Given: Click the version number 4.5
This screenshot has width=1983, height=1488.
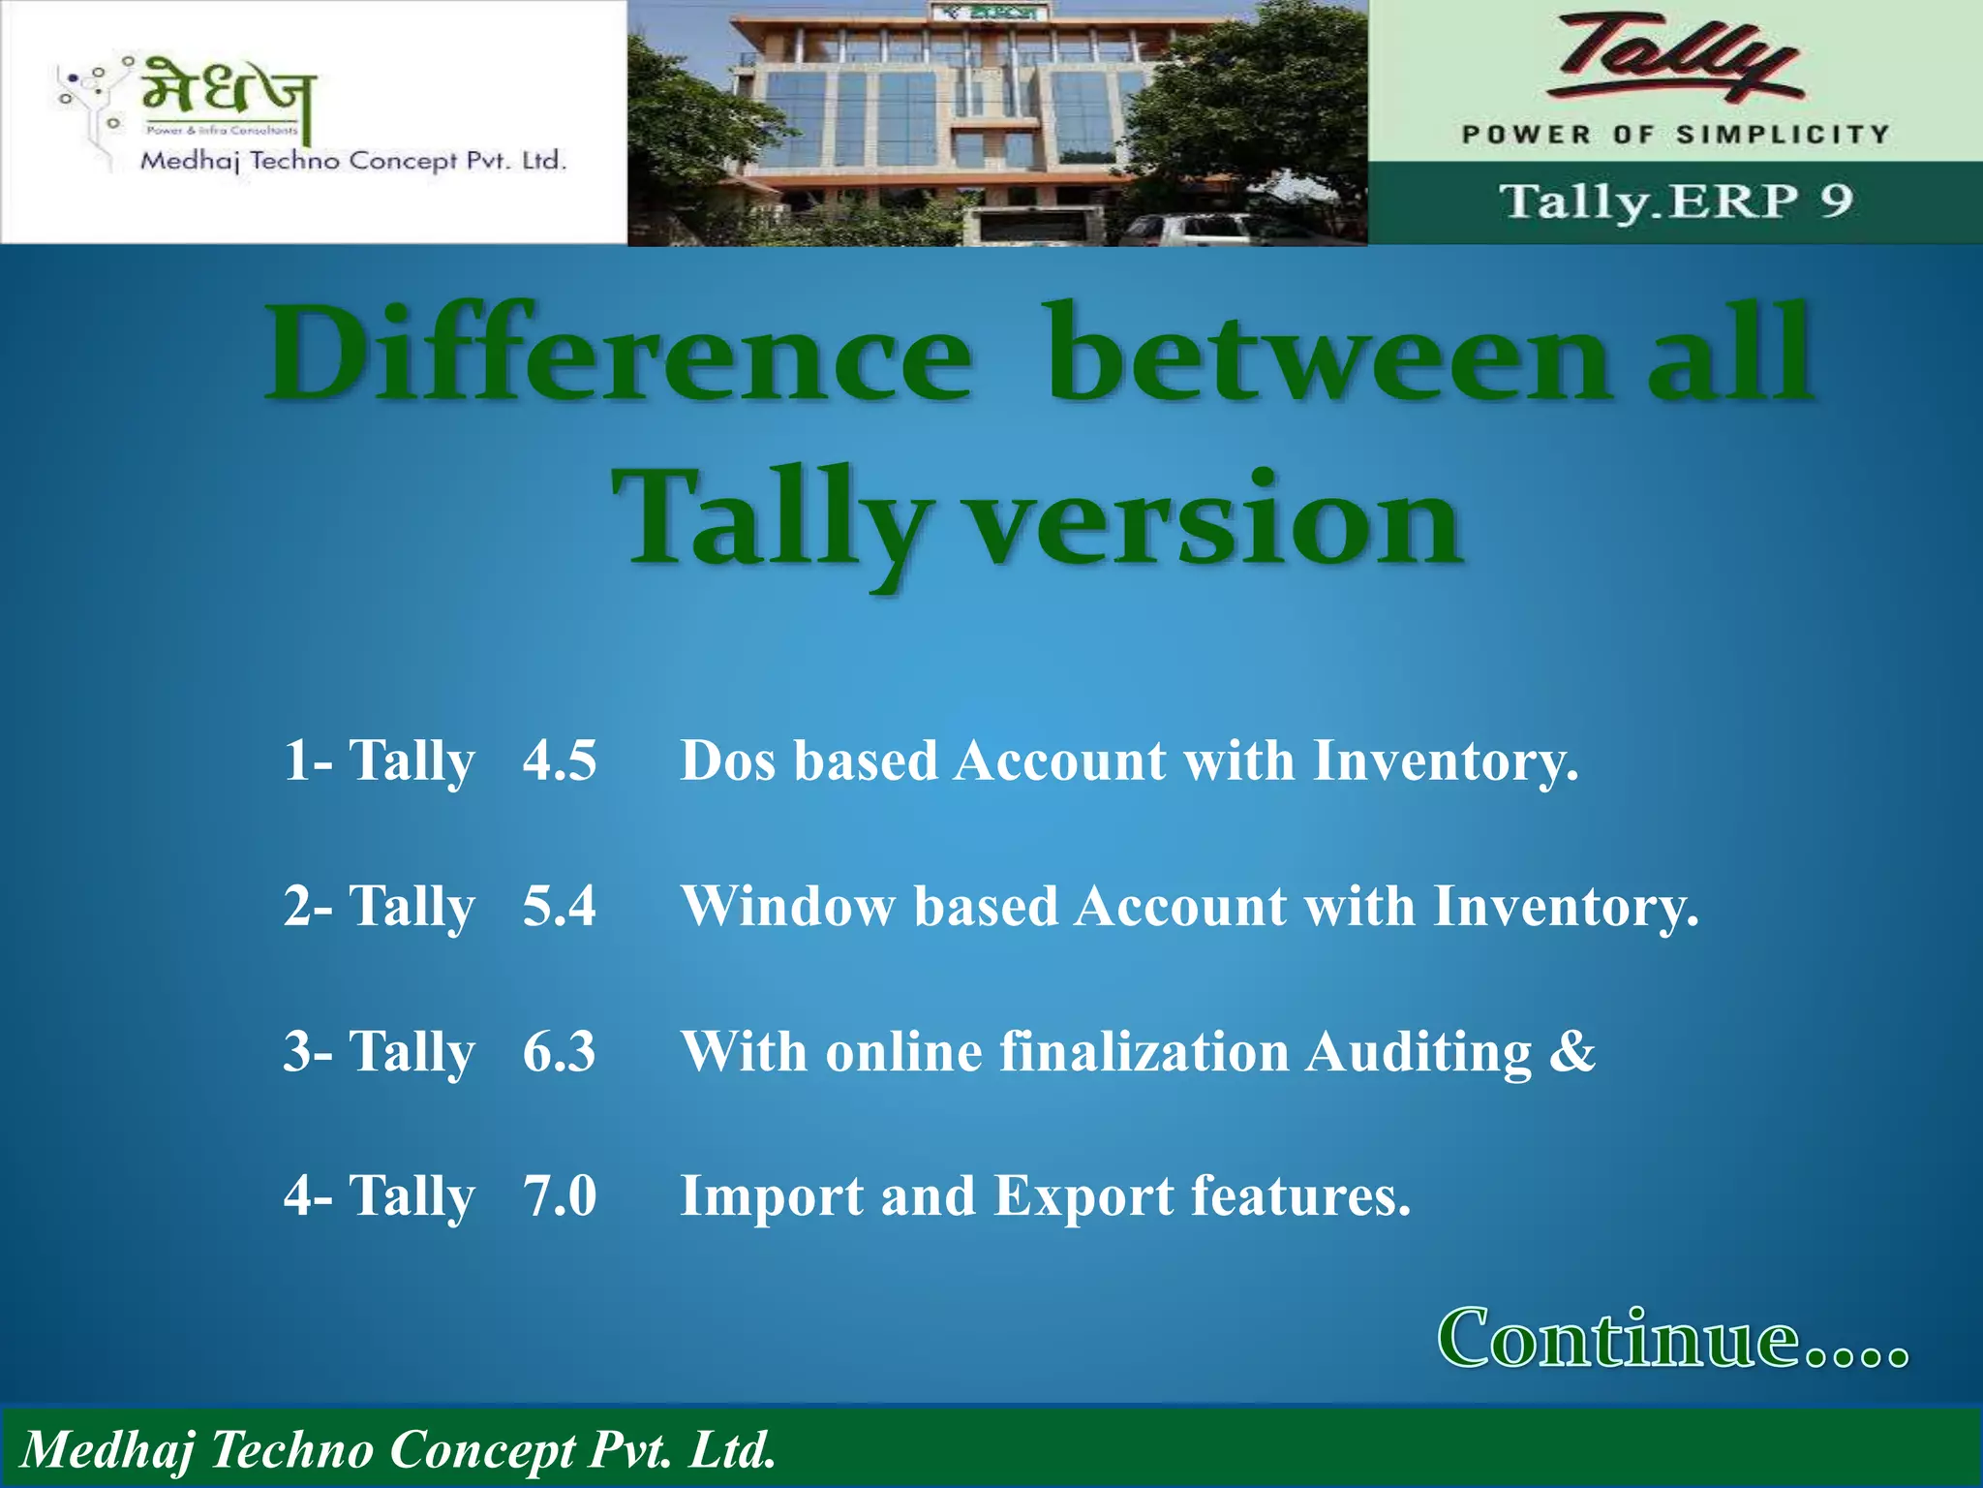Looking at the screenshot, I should [x=559, y=760].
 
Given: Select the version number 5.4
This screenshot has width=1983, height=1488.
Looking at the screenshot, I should [x=559, y=907].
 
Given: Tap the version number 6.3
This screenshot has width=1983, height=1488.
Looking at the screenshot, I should [x=559, y=1052].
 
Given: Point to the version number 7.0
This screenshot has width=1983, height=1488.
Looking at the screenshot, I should [x=560, y=1196].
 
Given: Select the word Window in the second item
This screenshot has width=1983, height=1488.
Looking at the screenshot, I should [x=788, y=907].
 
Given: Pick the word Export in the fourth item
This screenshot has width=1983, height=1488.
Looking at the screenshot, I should [x=1084, y=1197].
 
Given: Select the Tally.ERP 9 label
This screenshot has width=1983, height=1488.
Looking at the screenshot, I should [x=1676, y=201].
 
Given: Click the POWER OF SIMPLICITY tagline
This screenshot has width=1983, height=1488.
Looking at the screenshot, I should [x=1675, y=135].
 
